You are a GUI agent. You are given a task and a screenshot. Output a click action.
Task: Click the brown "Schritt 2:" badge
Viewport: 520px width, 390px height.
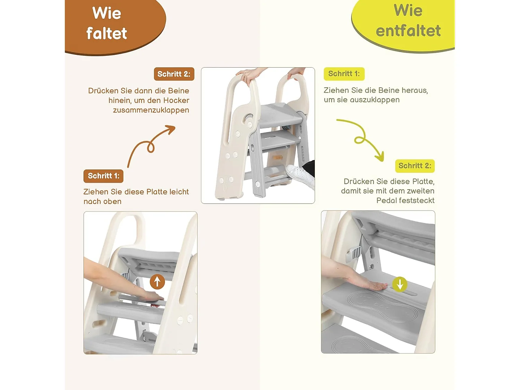(x=174, y=74)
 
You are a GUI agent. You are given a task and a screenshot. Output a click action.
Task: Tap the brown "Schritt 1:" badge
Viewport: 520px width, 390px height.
(x=103, y=176)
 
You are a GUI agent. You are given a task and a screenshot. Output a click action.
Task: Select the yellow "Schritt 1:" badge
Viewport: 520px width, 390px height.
(x=344, y=74)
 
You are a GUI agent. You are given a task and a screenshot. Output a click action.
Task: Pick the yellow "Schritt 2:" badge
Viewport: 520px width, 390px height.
(x=415, y=166)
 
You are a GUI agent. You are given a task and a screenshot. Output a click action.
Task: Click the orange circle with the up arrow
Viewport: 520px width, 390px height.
(x=157, y=282)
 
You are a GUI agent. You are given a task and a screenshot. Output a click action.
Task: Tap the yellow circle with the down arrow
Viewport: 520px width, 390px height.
(x=400, y=284)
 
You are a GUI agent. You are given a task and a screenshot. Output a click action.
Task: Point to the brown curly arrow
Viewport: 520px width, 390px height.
(x=151, y=146)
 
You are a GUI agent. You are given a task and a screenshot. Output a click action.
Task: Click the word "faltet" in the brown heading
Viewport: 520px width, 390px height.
(x=106, y=34)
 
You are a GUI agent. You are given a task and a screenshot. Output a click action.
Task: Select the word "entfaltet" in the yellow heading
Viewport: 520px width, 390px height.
(x=408, y=31)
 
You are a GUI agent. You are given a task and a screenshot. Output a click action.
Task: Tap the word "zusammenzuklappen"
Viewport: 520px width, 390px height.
(x=151, y=110)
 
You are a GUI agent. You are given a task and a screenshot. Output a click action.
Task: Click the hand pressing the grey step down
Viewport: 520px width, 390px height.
(x=364, y=283)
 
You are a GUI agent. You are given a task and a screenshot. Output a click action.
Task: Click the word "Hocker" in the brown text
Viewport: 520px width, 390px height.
(x=176, y=101)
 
